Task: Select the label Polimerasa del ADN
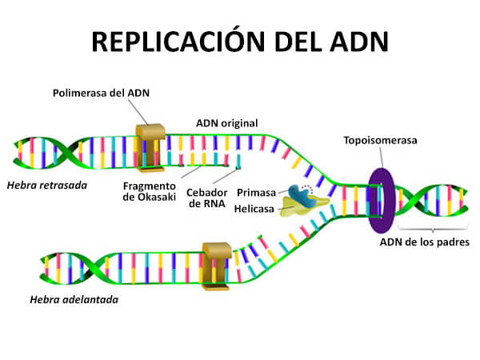[102, 93]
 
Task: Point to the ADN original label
[226, 123]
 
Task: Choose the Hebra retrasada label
[46, 185]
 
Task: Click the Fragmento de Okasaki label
[150, 192]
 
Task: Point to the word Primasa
[257, 193]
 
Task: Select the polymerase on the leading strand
[217, 264]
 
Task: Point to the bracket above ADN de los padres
[433, 230]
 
